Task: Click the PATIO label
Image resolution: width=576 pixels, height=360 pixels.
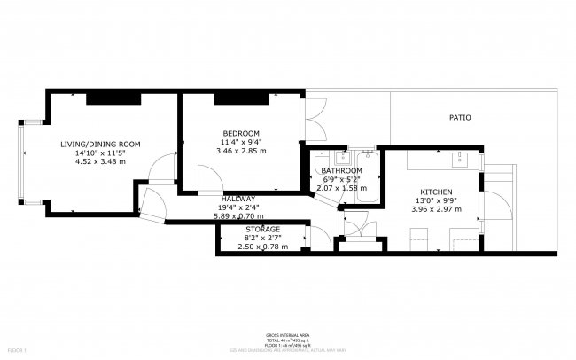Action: click(x=459, y=117)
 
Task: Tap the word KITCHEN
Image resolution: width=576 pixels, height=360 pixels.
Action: click(x=436, y=192)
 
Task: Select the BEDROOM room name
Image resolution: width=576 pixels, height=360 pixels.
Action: click(x=241, y=132)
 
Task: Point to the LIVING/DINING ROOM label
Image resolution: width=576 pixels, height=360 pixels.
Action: click(x=100, y=144)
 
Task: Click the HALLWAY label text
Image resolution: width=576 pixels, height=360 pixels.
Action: click(x=238, y=199)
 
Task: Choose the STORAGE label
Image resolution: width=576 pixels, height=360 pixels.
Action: click(x=262, y=229)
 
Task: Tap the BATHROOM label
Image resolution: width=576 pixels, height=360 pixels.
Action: click(x=341, y=170)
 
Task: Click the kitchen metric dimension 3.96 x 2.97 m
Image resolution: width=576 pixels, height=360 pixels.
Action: click(x=436, y=210)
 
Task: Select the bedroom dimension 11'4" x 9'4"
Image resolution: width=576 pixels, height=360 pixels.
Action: click(x=241, y=142)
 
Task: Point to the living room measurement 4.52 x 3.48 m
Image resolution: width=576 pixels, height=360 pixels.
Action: click(x=100, y=161)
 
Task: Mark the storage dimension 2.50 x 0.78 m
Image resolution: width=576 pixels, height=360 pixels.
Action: click(x=262, y=246)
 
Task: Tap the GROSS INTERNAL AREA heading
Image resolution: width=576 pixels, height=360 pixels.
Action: click(x=287, y=335)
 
